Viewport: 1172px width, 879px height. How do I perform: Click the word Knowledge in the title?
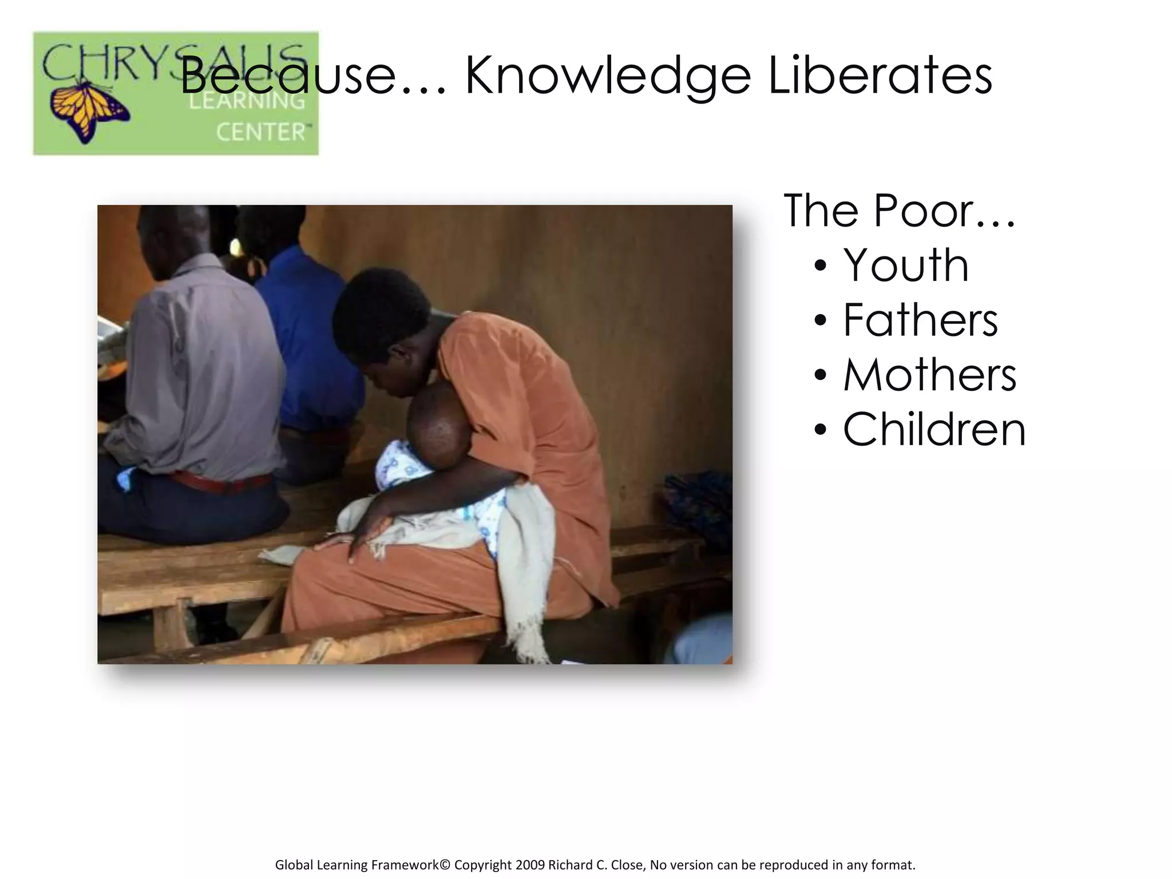point(607,77)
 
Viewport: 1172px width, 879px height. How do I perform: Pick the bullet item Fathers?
point(920,320)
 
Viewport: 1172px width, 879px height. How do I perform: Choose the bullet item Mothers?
point(929,375)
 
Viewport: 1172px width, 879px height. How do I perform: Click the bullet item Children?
point(934,430)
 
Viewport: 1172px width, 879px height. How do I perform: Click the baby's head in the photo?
point(438,421)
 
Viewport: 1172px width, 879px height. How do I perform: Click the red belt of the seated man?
point(223,482)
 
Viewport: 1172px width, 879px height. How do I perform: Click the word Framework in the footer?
point(404,864)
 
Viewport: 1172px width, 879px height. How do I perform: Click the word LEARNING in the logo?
point(247,102)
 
